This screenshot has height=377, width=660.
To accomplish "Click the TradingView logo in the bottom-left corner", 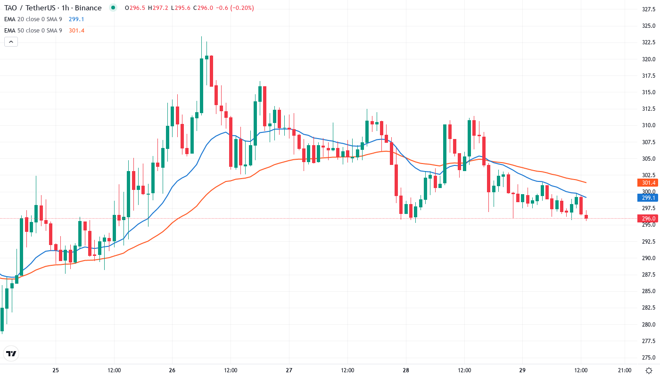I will [x=11, y=353].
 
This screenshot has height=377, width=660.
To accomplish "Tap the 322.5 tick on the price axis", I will [x=649, y=42].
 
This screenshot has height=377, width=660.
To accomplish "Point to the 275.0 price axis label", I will [x=649, y=357].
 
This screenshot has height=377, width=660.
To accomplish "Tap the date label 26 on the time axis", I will [x=172, y=370].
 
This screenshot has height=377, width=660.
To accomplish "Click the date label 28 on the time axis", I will [x=406, y=370].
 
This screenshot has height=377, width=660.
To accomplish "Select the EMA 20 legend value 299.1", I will [x=76, y=19].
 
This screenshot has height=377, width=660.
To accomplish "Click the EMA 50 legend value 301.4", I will [x=76, y=31].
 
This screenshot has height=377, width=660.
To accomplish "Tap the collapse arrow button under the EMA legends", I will [x=11, y=42].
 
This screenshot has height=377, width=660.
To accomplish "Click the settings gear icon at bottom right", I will [x=649, y=370].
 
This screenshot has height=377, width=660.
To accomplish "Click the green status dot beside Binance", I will [x=113, y=8].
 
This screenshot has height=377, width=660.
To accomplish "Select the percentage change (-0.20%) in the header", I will [x=240, y=8].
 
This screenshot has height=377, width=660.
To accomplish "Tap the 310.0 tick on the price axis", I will [x=649, y=125].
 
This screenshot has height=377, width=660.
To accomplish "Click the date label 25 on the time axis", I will [x=56, y=370].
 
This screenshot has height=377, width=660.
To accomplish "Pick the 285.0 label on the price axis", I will [x=649, y=291].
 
